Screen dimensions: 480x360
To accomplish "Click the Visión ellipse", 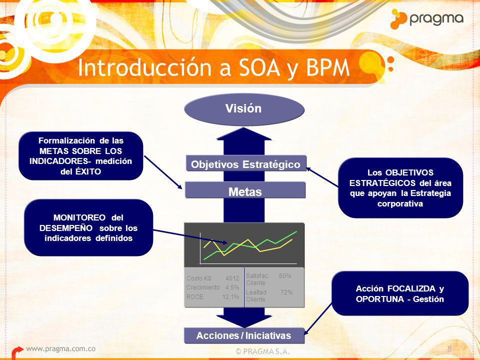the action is pos(244,109).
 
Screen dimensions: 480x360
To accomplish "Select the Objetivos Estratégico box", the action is pos(246,164).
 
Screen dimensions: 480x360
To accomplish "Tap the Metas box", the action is pos(245,190).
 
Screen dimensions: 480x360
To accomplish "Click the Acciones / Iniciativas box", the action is pos(244,335).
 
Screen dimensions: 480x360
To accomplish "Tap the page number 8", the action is pos(449,348).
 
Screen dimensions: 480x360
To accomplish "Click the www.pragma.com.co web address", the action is pos(60,348).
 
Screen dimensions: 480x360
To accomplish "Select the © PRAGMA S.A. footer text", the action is pos(262,351).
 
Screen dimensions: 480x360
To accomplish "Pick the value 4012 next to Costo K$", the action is pos(232,278).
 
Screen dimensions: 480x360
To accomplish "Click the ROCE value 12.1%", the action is pos(230,296).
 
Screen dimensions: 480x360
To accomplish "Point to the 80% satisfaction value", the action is pos(285,276).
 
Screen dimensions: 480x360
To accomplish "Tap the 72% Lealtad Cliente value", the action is pos(286,292).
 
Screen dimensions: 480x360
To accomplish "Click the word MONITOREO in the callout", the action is pos(79,217).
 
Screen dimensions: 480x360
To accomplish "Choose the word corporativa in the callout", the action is pos(400,203).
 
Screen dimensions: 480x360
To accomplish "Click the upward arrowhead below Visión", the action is pos(244,134).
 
